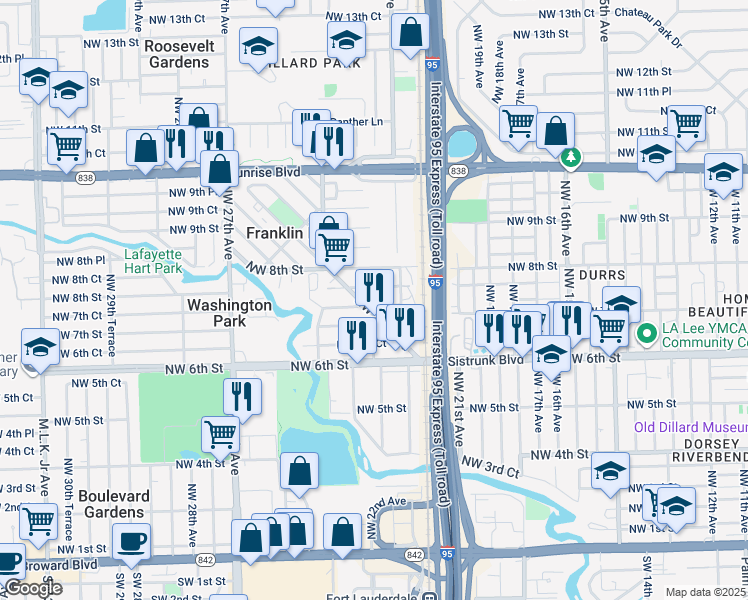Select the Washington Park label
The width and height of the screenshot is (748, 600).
click(229, 314)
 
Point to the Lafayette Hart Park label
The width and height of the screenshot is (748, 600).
click(153, 261)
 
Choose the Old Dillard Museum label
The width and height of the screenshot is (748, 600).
click(690, 427)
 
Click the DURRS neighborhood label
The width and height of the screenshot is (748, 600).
click(595, 274)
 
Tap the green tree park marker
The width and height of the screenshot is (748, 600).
click(570, 157)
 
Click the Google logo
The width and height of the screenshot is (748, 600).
click(33, 589)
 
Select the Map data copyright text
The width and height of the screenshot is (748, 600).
click(705, 592)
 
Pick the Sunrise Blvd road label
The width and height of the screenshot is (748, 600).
click(265, 171)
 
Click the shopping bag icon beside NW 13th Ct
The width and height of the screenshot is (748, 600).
click(411, 32)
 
